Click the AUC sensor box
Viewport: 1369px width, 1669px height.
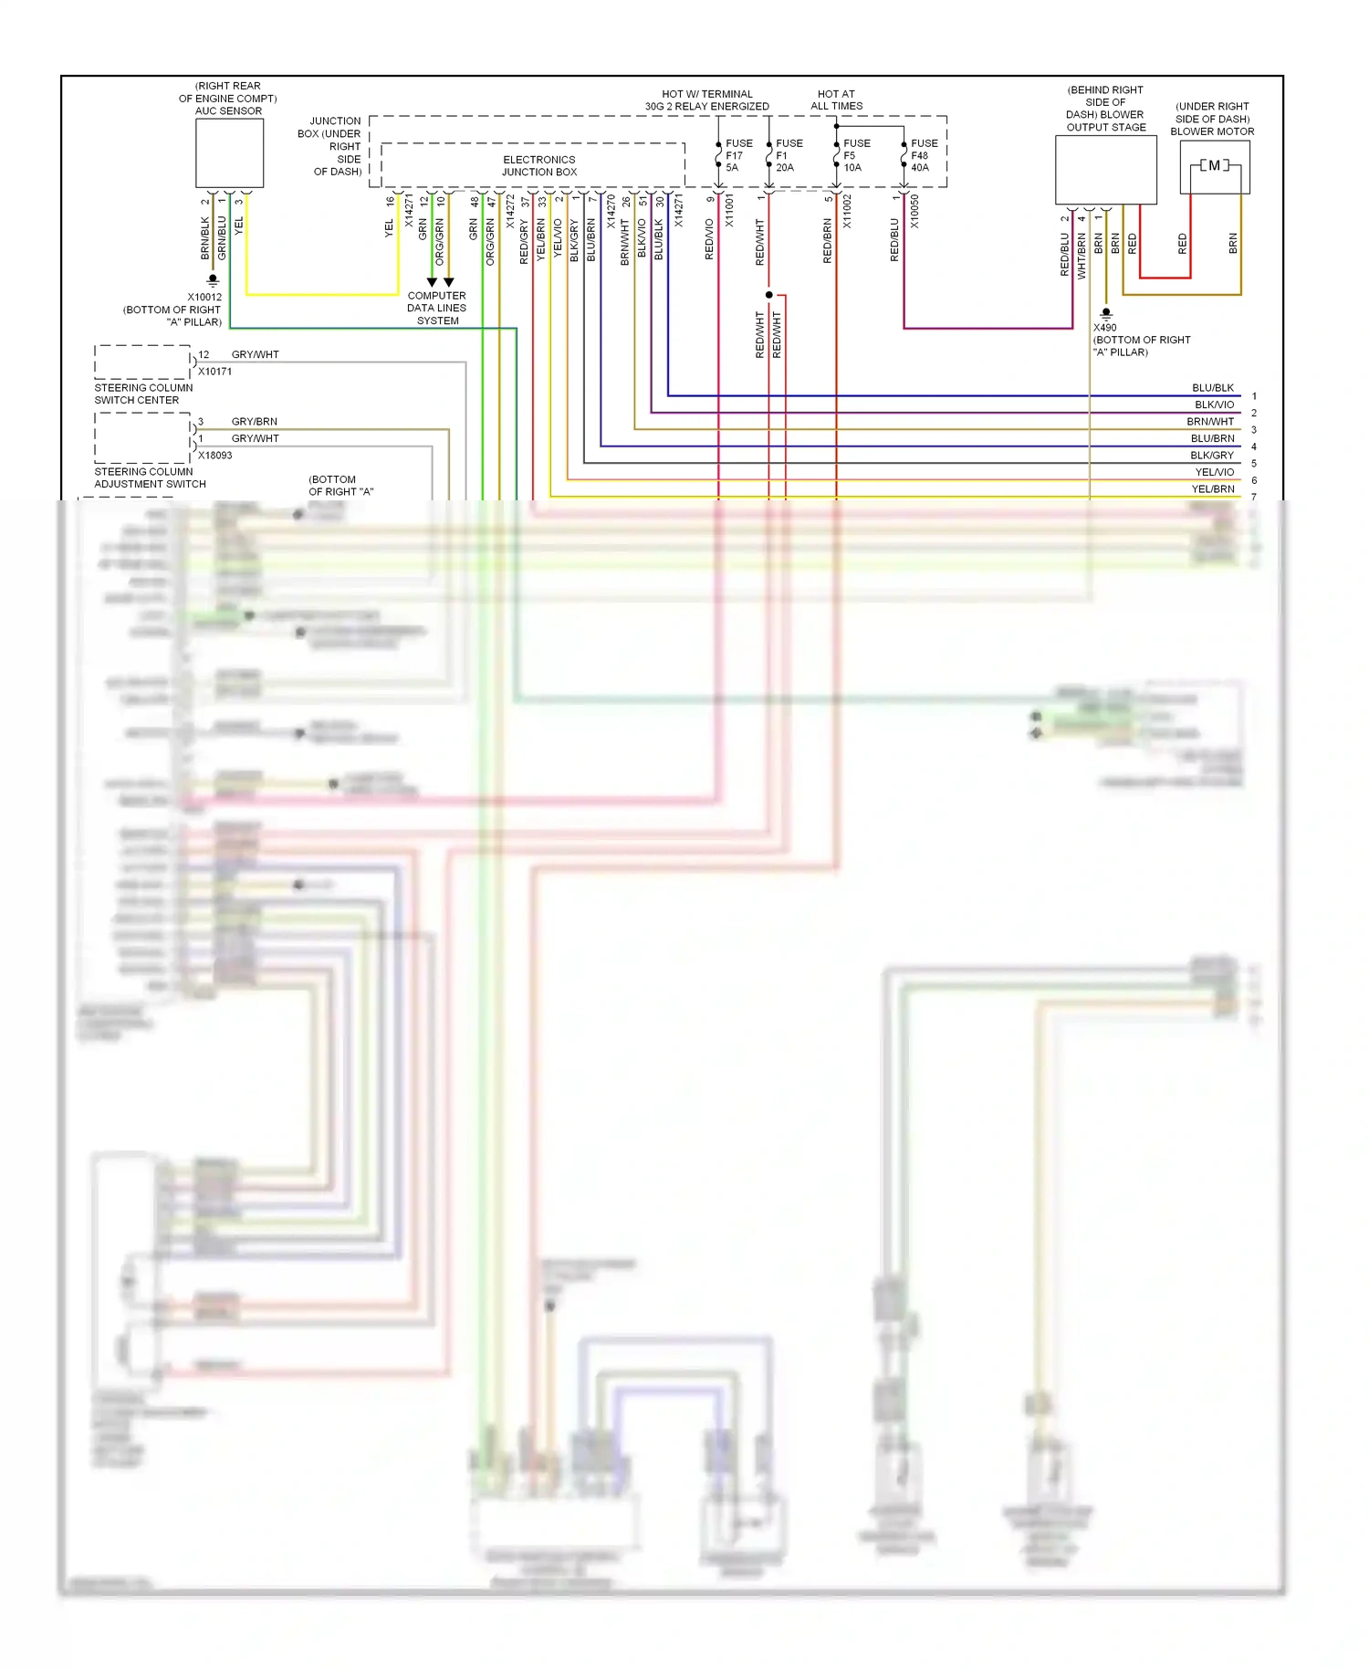click(229, 153)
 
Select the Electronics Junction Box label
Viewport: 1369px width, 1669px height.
click(538, 165)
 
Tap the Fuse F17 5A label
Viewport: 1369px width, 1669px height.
click(738, 155)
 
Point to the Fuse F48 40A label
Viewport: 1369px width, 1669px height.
click(923, 155)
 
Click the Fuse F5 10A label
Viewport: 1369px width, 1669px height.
click(855, 155)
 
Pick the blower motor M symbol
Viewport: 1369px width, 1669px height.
click(1214, 166)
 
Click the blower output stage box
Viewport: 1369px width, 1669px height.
click(1105, 170)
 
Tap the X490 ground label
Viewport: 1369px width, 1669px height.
click(1104, 328)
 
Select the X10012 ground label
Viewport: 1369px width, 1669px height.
click(204, 298)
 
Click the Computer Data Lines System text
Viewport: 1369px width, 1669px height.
click(436, 309)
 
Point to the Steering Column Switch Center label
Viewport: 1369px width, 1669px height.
click(143, 394)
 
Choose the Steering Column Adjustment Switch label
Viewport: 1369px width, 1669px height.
click(150, 478)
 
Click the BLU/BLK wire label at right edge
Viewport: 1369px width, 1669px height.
click(1212, 388)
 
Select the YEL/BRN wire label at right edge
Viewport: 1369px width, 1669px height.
click(1212, 489)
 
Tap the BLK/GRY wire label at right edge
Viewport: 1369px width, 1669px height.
click(1211, 456)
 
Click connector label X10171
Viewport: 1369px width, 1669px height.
click(214, 372)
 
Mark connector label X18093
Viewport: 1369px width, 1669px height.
click(214, 456)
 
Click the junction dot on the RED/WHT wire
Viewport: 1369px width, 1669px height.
click(768, 295)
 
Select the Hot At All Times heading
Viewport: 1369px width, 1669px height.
click(836, 100)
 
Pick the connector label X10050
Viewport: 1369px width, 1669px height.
click(914, 211)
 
